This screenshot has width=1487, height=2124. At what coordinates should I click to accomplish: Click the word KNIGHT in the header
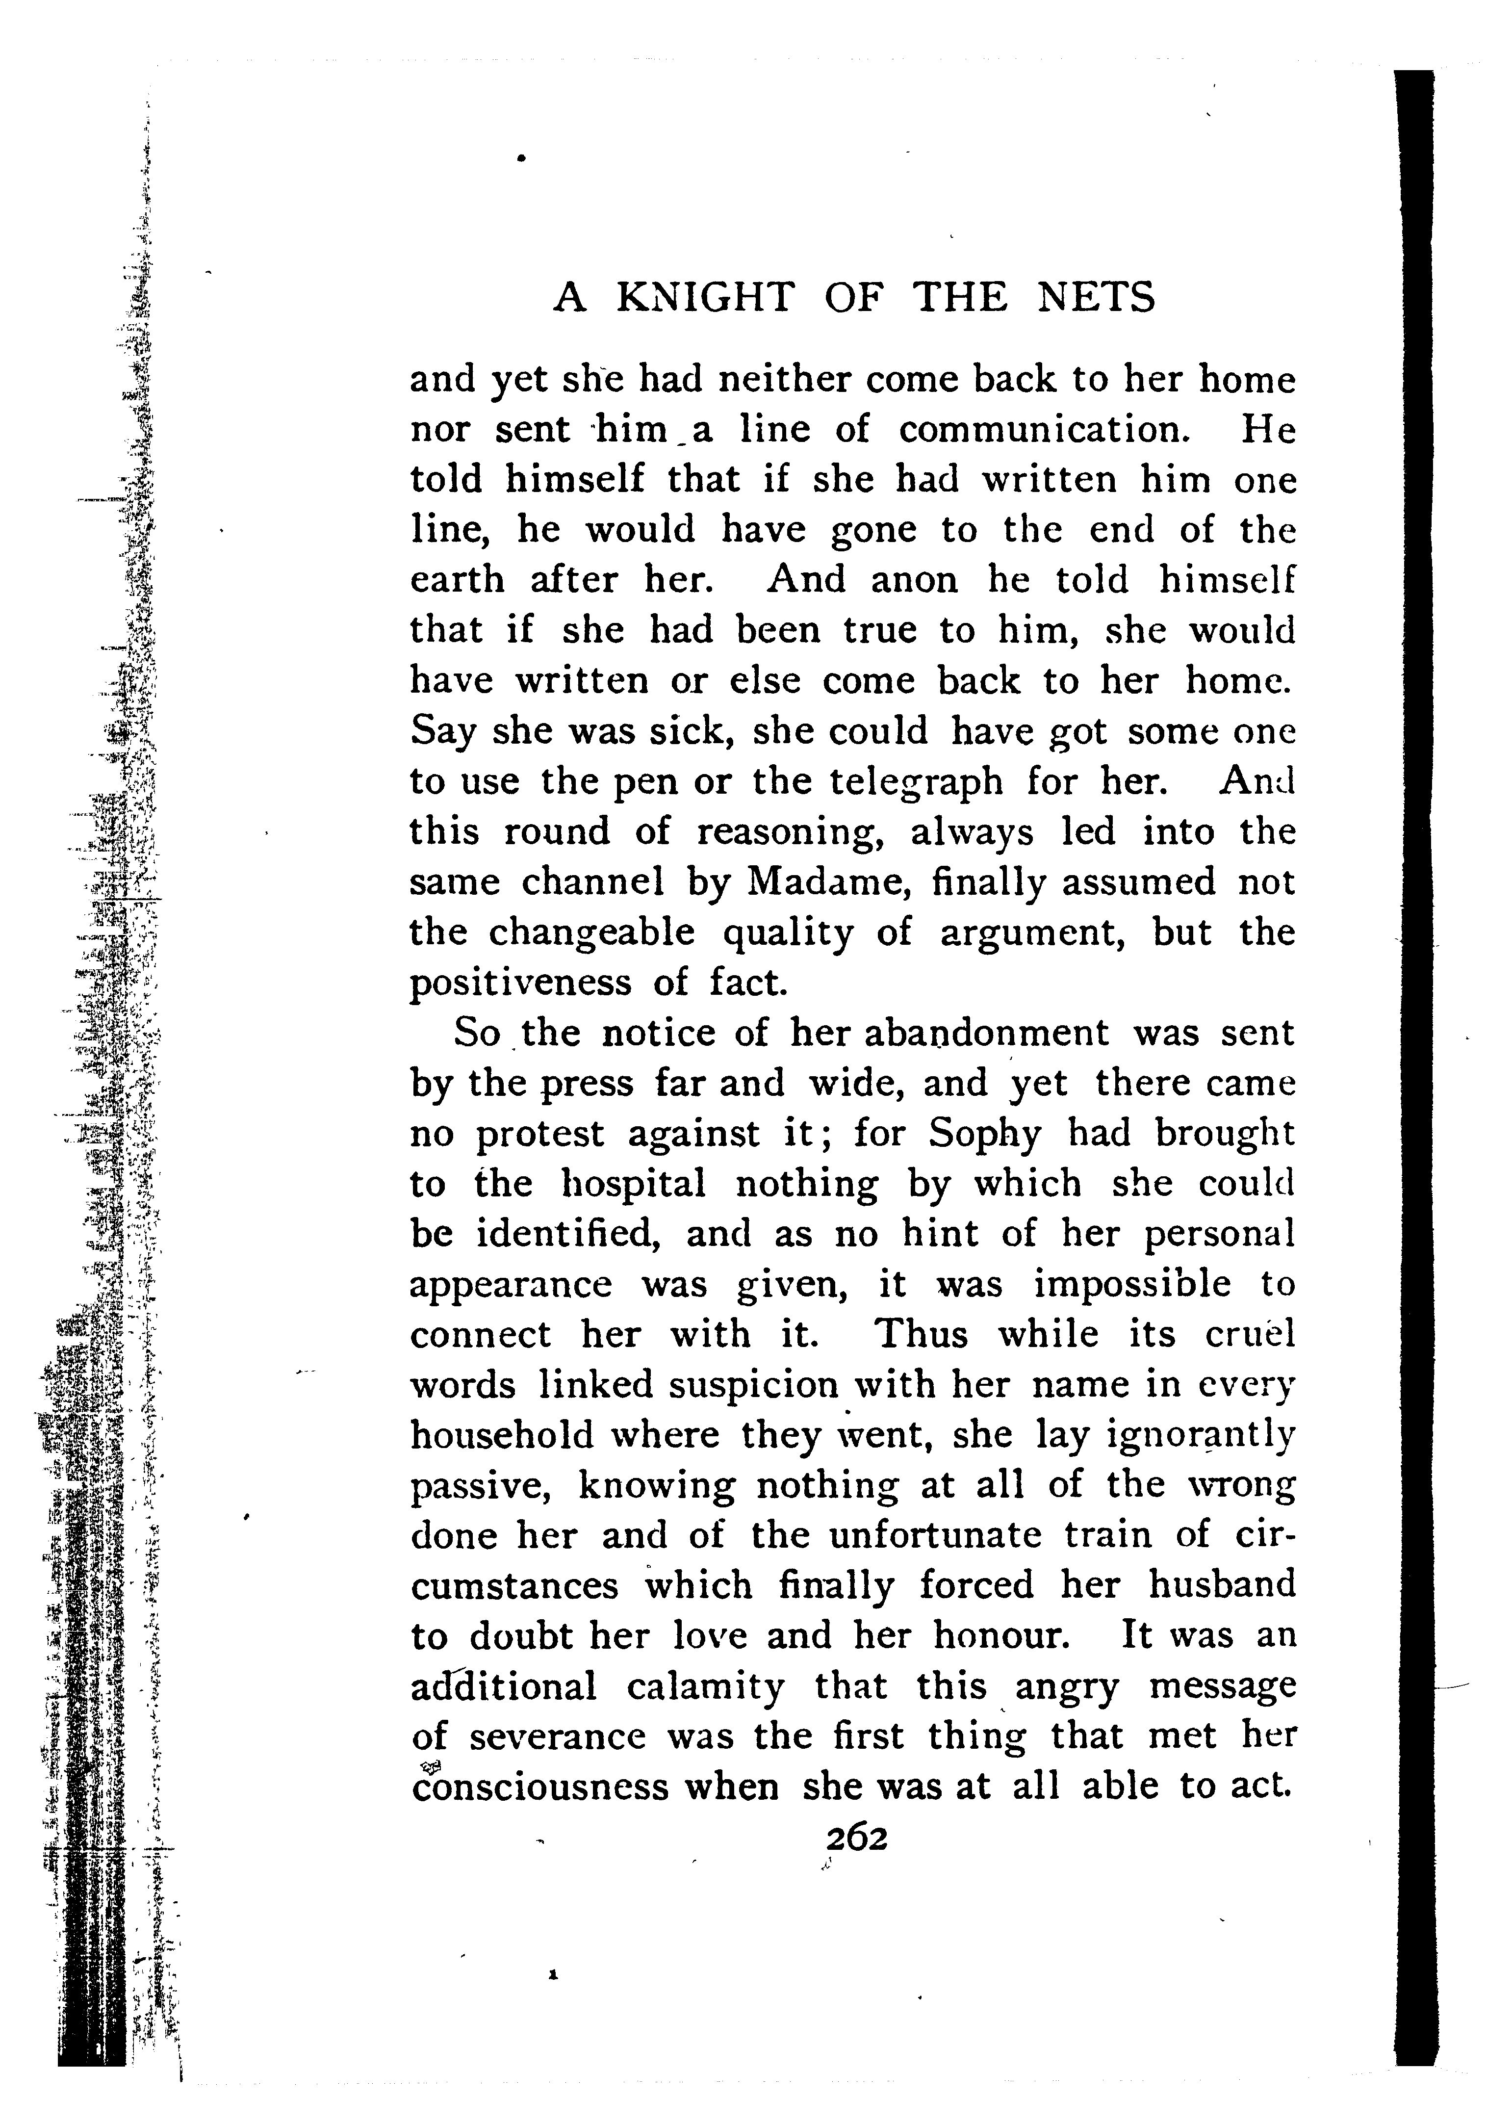pyautogui.click(x=705, y=298)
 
